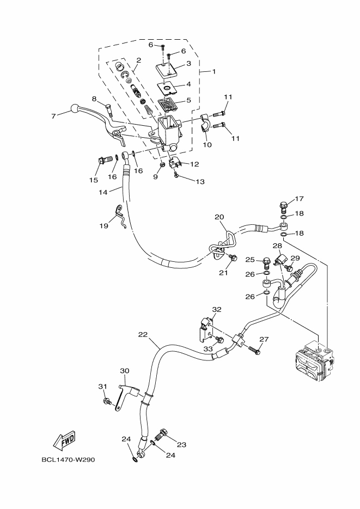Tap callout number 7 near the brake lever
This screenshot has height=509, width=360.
point(53,116)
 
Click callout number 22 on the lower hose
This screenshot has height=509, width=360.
point(143,334)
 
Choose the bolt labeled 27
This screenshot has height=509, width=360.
point(254,348)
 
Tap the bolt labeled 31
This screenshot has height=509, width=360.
point(107,402)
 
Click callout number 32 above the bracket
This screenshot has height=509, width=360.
point(217,309)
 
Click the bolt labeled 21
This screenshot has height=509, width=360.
point(233,257)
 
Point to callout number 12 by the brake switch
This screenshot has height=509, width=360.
point(194,164)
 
